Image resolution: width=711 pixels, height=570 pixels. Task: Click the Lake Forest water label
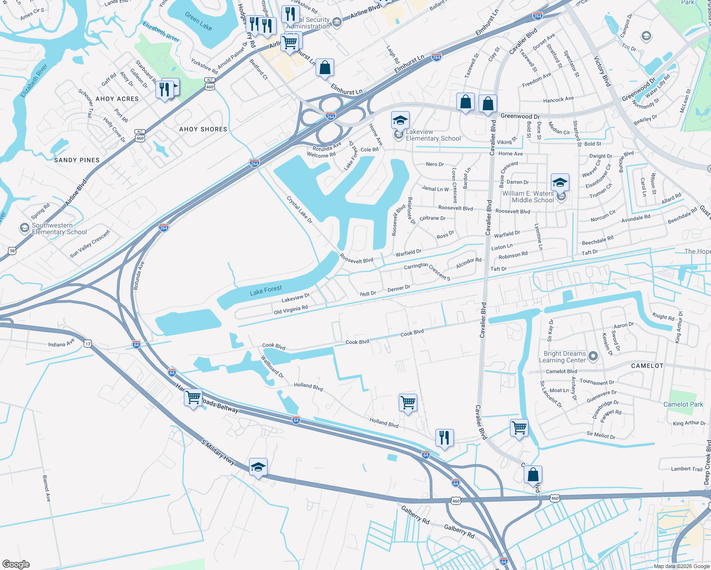coord(266,290)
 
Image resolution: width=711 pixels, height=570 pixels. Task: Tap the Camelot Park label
coord(683,404)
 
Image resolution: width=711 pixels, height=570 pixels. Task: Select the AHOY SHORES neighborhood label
coord(203,129)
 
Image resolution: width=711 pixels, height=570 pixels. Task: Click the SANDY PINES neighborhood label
coord(77,160)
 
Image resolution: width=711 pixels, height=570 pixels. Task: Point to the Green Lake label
coord(199,21)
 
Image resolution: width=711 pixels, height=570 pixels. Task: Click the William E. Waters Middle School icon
coord(561,196)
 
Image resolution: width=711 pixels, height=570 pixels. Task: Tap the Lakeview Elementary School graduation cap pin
coord(400,120)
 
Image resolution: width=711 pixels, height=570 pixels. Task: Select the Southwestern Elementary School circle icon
coord(24,228)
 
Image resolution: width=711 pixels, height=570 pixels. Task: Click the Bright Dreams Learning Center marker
coord(593,356)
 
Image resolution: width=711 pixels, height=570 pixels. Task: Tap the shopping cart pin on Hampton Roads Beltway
coord(193,398)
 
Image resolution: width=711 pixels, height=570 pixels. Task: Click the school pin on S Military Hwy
coord(258,467)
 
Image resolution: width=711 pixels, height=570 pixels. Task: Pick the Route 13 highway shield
coord(88,343)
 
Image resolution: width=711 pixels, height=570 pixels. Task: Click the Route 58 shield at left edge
coord(12,250)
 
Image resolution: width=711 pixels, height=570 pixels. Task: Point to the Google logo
coord(16,564)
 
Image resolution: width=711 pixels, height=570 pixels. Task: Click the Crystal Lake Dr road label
coord(299,210)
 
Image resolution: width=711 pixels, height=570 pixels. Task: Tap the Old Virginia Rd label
coord(291,310)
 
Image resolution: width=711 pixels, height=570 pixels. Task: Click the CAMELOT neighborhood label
coord(647,366)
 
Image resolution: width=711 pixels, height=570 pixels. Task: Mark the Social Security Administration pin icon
coord(337,21)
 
